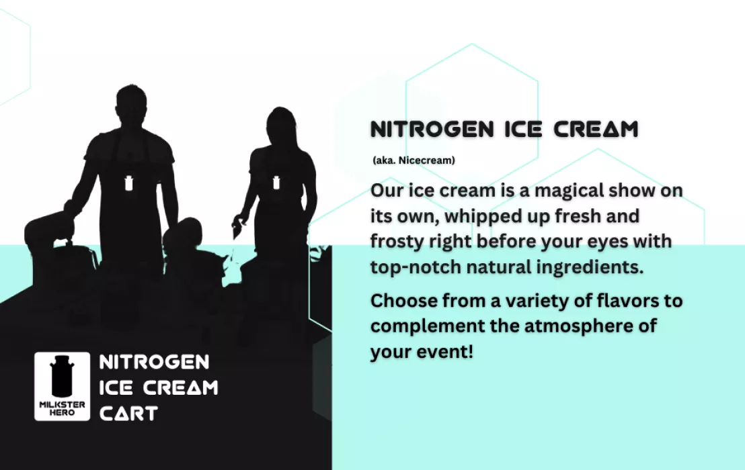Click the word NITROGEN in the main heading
point(432,130)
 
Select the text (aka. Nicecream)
point(414,160)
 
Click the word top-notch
point(416,267)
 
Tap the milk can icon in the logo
point(63,376)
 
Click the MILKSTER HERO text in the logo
point(63,408)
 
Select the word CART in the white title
point(128,414)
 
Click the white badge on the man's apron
point(128,183)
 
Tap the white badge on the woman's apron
point(276,182)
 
